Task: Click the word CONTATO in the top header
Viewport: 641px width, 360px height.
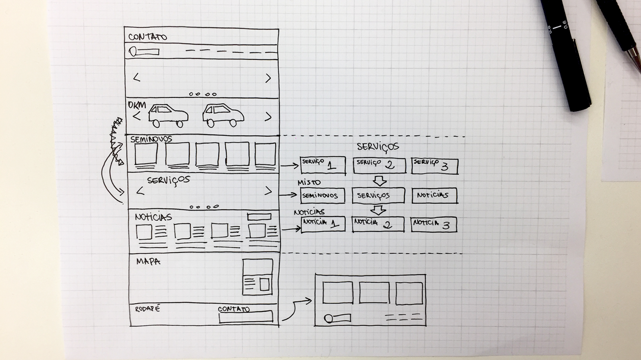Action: [147, 37]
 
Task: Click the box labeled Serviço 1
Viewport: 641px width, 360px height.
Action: [323, 165]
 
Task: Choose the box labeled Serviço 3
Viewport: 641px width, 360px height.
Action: [434, 166]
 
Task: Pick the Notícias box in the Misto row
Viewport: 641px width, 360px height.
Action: [434, 195]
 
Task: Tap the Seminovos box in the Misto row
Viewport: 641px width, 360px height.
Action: [322, 196]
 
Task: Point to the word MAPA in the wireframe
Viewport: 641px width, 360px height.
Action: [148, 261]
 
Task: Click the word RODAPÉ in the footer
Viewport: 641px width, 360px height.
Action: [147, 308]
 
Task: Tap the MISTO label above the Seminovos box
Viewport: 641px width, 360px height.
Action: [309, 182]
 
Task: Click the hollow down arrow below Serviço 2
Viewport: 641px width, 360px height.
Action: [379, 181]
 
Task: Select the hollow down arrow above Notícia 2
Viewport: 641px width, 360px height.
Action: [378, 210]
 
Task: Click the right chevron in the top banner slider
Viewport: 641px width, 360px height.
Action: [268, 78]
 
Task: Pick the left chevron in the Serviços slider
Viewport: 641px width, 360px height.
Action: [140, 191]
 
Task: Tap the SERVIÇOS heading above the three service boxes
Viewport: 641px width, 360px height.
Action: [378, 147]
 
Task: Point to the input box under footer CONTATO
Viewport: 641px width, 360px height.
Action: [246, 317]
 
